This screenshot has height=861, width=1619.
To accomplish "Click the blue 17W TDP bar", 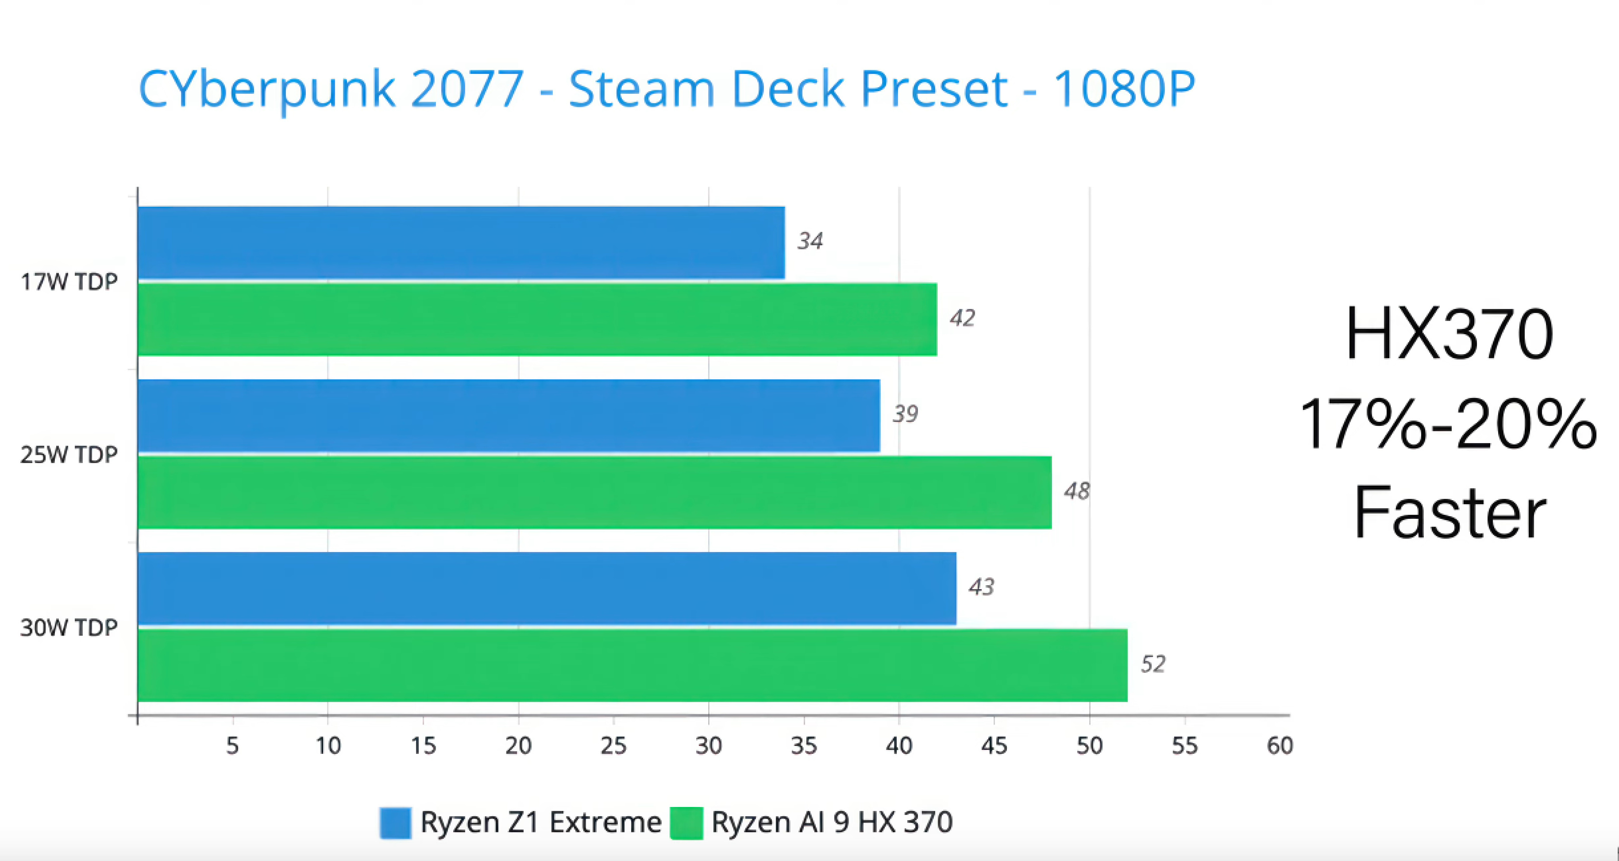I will coord(461,243).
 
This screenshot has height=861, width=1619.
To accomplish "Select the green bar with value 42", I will coord(537,319).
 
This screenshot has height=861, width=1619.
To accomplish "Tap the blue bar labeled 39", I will coord(509,415).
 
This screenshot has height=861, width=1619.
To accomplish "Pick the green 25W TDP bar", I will coord(594,493).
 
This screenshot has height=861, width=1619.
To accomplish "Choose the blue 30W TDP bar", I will coord(547,588).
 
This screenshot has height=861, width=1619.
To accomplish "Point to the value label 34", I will coord(810,241).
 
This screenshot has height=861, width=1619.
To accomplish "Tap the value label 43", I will coord(981,587).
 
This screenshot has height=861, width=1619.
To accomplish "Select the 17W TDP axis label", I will coord(69,282).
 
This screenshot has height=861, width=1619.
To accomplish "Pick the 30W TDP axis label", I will coord(69,628).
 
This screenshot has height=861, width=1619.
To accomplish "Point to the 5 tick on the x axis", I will coord(232,746).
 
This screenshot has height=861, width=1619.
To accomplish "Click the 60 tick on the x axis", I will coord(1280,746).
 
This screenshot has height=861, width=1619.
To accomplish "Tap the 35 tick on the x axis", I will coord(804,746).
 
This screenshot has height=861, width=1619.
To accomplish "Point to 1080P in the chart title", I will coord(1124,89).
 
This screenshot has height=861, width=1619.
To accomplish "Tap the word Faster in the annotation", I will coord(1449,513).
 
